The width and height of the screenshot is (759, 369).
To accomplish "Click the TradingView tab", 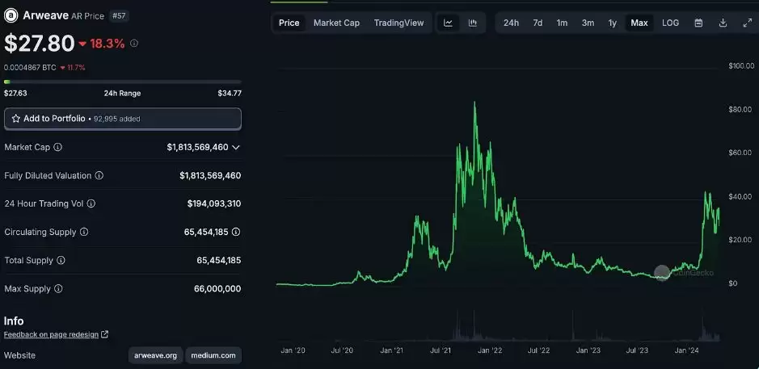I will click(x=398, y=23).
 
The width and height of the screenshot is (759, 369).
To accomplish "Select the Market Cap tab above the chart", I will click(x=336, y=23).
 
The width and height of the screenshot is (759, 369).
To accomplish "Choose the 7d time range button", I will click(x=538, y=23).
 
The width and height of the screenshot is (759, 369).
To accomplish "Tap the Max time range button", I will click(x=639, y=23).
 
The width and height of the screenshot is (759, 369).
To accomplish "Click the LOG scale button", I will click(x=670, y=23).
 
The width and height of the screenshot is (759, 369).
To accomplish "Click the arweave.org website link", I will click(x=155, y=355).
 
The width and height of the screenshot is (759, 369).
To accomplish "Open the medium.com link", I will click(x=213, y=355).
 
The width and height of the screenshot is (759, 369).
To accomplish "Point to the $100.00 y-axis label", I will click(x=740, y=65).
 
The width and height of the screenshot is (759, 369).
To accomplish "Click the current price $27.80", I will click(x=39, y=43).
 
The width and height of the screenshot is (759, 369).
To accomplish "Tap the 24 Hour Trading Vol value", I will click(x=213, y=204).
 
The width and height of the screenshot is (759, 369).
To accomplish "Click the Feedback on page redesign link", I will click(x=52, y=334).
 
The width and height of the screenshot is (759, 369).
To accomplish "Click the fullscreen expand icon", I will click(x=747, y=23).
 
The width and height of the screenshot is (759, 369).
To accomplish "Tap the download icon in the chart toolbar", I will click(x=723, y=23).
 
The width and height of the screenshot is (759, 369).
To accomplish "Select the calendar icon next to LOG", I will click(x=698, y=23).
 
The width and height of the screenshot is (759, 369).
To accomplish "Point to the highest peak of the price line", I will click(x=474, y=103).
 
